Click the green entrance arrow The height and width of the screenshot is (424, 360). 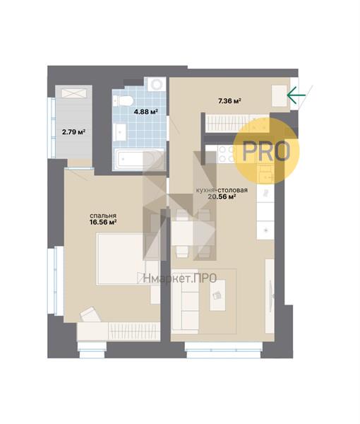click(296, 95)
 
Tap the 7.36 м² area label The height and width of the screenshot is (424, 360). click(229, 101)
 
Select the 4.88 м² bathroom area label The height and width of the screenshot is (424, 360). click(146, 111)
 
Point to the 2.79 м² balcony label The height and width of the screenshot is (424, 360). click(73, 132)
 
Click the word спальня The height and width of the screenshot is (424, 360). click(103, 216)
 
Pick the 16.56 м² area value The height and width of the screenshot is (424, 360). click(103, 223)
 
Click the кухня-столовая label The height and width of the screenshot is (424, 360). click(222, 190)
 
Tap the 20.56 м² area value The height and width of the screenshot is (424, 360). click(222, 196)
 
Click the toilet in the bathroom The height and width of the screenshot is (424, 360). click(123, 100)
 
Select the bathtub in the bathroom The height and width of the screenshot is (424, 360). click(138, 160)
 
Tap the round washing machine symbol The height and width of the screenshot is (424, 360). click(157, 84)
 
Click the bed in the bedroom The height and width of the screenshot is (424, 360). click(121, 259)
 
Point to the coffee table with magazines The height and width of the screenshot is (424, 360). click(217, 295)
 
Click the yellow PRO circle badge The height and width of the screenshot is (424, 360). click(266, 151)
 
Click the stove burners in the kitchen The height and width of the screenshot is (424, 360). click(227, 154)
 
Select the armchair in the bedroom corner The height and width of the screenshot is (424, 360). click(90, 314)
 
